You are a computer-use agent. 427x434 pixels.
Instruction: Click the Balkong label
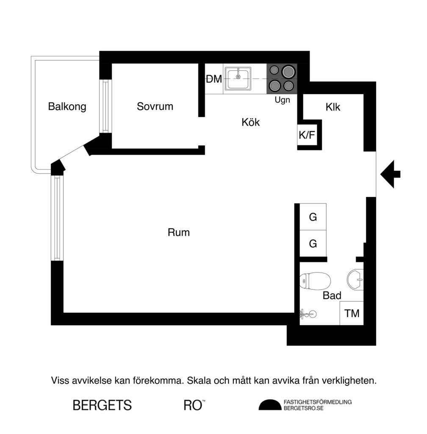tap(67, 106)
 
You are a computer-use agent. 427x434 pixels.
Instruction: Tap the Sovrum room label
tap(155, 106)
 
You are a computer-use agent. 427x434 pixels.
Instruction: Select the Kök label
tap(250, 122)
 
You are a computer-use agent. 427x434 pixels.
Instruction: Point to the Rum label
tap(178, 232)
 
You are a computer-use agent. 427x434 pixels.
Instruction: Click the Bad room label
tap(332, 296)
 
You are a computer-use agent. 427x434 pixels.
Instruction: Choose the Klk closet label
tap(333, 107)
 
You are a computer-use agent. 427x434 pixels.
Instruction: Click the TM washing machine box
tap(352, 314)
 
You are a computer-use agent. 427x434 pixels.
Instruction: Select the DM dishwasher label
tap(214, 79)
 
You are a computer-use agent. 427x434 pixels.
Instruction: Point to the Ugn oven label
tap(282, 100)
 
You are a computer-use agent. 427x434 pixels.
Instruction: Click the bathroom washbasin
tap(355, 280)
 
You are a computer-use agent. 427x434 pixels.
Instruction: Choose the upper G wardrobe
tap(313, 217)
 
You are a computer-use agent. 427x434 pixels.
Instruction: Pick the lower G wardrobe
tap(313, 244)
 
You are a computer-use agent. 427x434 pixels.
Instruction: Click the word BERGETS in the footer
tap(102, 405)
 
